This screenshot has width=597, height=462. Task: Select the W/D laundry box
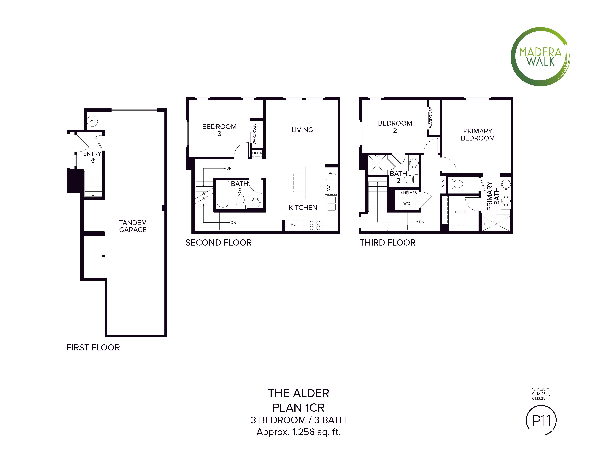(407, 203)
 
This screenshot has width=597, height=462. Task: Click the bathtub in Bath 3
(223, 194)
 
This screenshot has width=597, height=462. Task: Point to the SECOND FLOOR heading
(218, 243)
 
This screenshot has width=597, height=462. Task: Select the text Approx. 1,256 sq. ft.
(298, 432)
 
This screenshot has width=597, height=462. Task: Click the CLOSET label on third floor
(462, 212)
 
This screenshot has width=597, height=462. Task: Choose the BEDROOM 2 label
(395, 127)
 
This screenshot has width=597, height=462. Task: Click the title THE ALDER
(298, 393)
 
